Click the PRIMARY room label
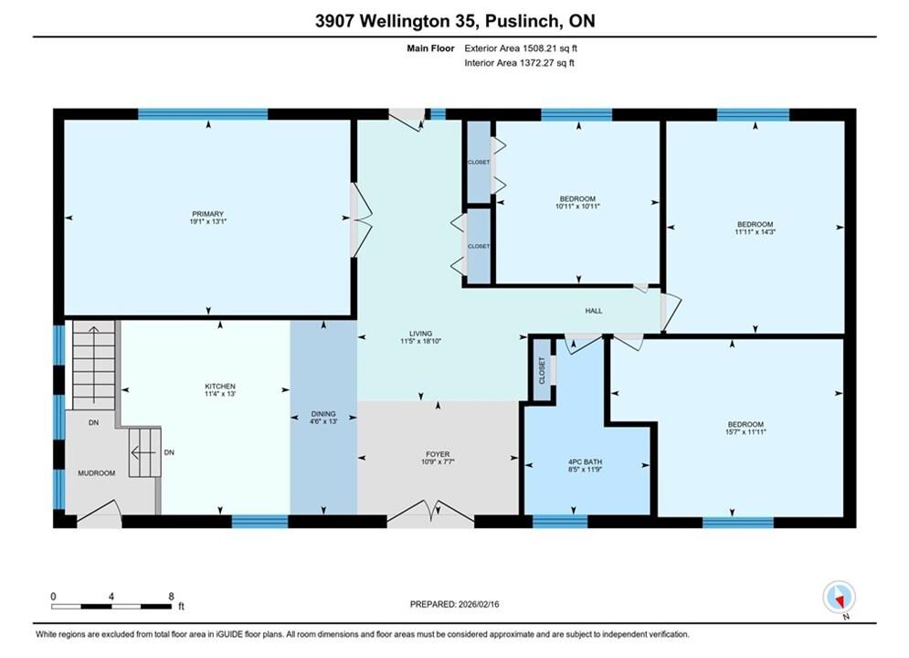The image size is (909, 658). [207, 214]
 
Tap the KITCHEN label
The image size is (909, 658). [220, 386]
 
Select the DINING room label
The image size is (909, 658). [323, 414]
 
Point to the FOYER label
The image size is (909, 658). [437, 454]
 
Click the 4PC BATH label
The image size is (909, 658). [585, 462]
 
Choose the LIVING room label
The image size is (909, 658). [421, 334]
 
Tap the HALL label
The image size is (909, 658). [594, 311]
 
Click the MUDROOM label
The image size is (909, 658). [96, 473]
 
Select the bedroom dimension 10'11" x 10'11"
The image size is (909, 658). [577, 207]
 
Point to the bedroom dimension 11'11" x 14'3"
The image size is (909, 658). [755, 232]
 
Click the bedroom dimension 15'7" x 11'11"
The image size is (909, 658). [745, 432]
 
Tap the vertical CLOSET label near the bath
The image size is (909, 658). [542, 370]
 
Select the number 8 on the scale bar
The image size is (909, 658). [171, 596]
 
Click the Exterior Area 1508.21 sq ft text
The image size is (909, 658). [521, 48]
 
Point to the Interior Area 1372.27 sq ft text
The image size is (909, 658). [520, 63]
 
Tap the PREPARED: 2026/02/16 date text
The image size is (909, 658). [455, 604]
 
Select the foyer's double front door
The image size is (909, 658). [430, 513]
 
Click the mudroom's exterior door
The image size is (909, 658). [99, 514]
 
